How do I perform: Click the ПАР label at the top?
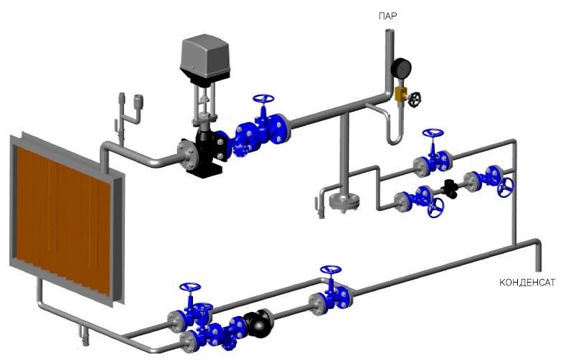388,16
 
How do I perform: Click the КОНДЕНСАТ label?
527,283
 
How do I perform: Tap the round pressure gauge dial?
401,67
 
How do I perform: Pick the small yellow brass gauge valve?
401,95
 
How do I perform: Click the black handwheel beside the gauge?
415,100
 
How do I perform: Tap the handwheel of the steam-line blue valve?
263,99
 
